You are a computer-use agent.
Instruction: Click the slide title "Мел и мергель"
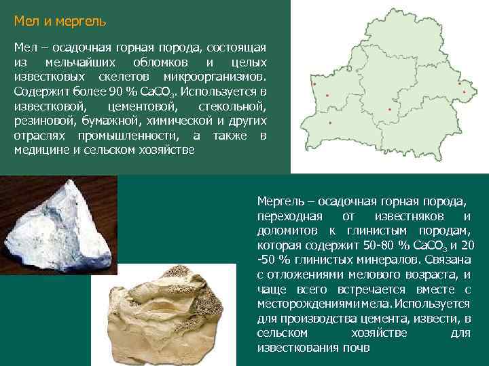[x=60, y=22]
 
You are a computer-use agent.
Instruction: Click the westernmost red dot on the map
[x=315, y=84]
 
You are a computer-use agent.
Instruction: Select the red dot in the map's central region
[x=390, y=109]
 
